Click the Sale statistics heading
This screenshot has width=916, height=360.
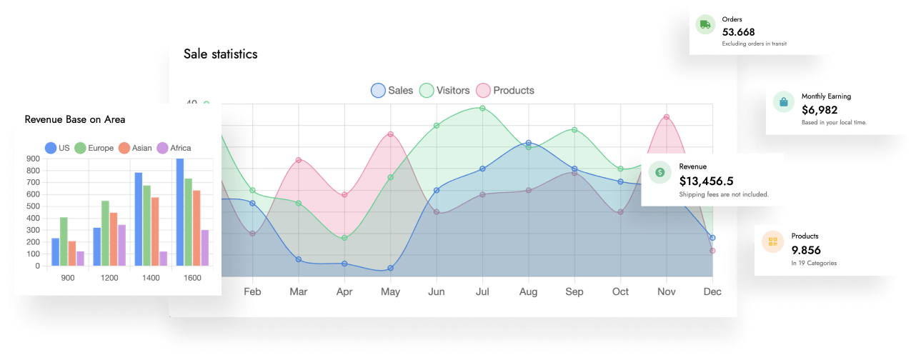tap(220, 54)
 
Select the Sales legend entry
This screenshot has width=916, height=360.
tap(392, 90)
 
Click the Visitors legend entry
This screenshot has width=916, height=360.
tap(444, 90)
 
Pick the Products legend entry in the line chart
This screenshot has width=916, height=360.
tap(505, 90)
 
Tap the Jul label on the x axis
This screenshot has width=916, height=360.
tap(482, 291)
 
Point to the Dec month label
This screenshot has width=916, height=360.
tap(712, 291)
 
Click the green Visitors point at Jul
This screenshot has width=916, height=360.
tap(482, 109)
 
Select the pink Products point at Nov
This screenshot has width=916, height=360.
tap(666, 117)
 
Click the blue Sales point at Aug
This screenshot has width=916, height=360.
tap(528, 144)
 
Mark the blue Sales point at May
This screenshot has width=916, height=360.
tap(390, 268)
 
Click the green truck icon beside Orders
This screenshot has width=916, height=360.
tap(705, 25)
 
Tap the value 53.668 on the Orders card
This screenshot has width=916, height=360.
tap(738, 32)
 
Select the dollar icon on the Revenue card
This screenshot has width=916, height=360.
tap(660, 172)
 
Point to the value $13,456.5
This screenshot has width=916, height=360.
tap(706, 181)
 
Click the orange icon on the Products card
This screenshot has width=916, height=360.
tap(772, 242)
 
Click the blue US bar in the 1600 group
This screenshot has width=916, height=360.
tap(180, 212)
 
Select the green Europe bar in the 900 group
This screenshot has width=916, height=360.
tap(64, 241)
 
